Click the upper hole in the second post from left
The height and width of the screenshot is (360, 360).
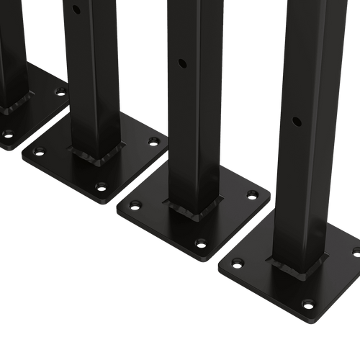tap(76, 9)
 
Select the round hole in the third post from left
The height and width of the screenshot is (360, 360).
tap(182, 64)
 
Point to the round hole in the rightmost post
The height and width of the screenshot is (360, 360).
tap(296, 120)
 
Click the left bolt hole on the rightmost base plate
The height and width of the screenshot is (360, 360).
tap(238, 263)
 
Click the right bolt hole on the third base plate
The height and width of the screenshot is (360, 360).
tap(252, 194)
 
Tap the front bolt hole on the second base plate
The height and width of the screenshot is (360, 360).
tap(102, 186)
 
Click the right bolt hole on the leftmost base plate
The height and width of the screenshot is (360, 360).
tap(60, 91)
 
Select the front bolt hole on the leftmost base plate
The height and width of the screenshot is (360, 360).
tap(8, 134)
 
